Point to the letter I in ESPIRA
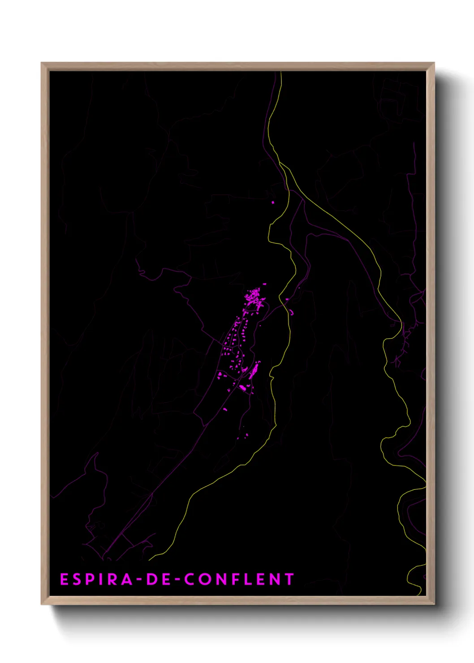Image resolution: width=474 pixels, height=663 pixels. pos(100,579)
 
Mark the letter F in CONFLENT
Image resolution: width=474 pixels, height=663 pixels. pos(237,579)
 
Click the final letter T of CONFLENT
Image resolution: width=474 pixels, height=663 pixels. pos(289,579)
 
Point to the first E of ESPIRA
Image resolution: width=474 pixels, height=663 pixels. pos(64,579)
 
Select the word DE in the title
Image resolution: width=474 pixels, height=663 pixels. pos(158,579)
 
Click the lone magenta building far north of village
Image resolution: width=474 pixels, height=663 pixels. pos(272,202)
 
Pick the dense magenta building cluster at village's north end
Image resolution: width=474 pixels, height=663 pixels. pos(254,298)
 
